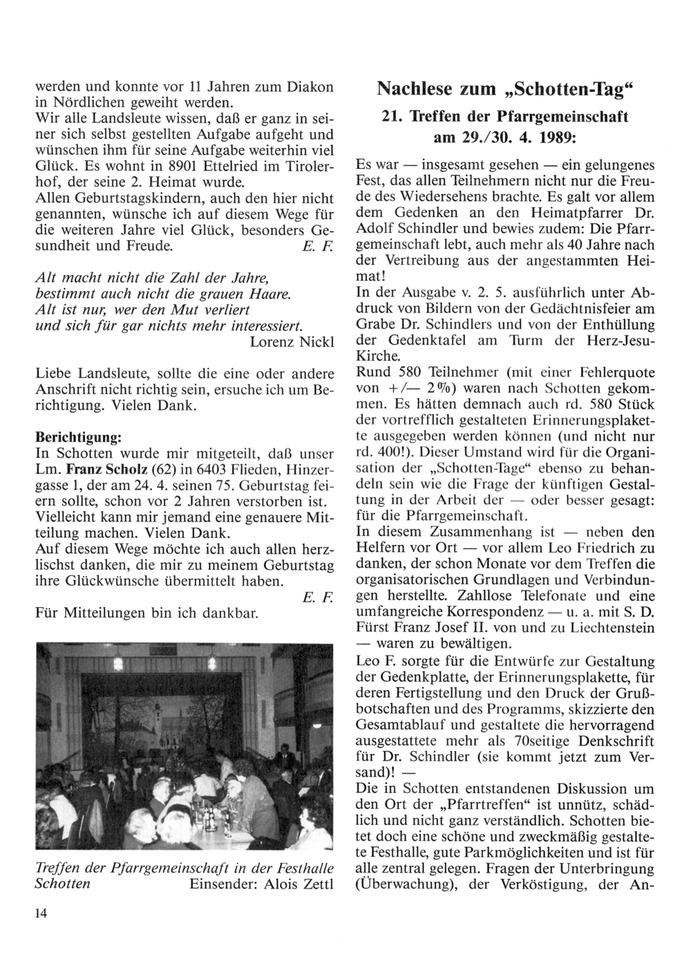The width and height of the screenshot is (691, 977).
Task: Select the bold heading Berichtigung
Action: pyautogui.click(x=79, y=438)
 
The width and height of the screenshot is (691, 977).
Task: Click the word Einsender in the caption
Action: pyautogui.click(x=223, y=884)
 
